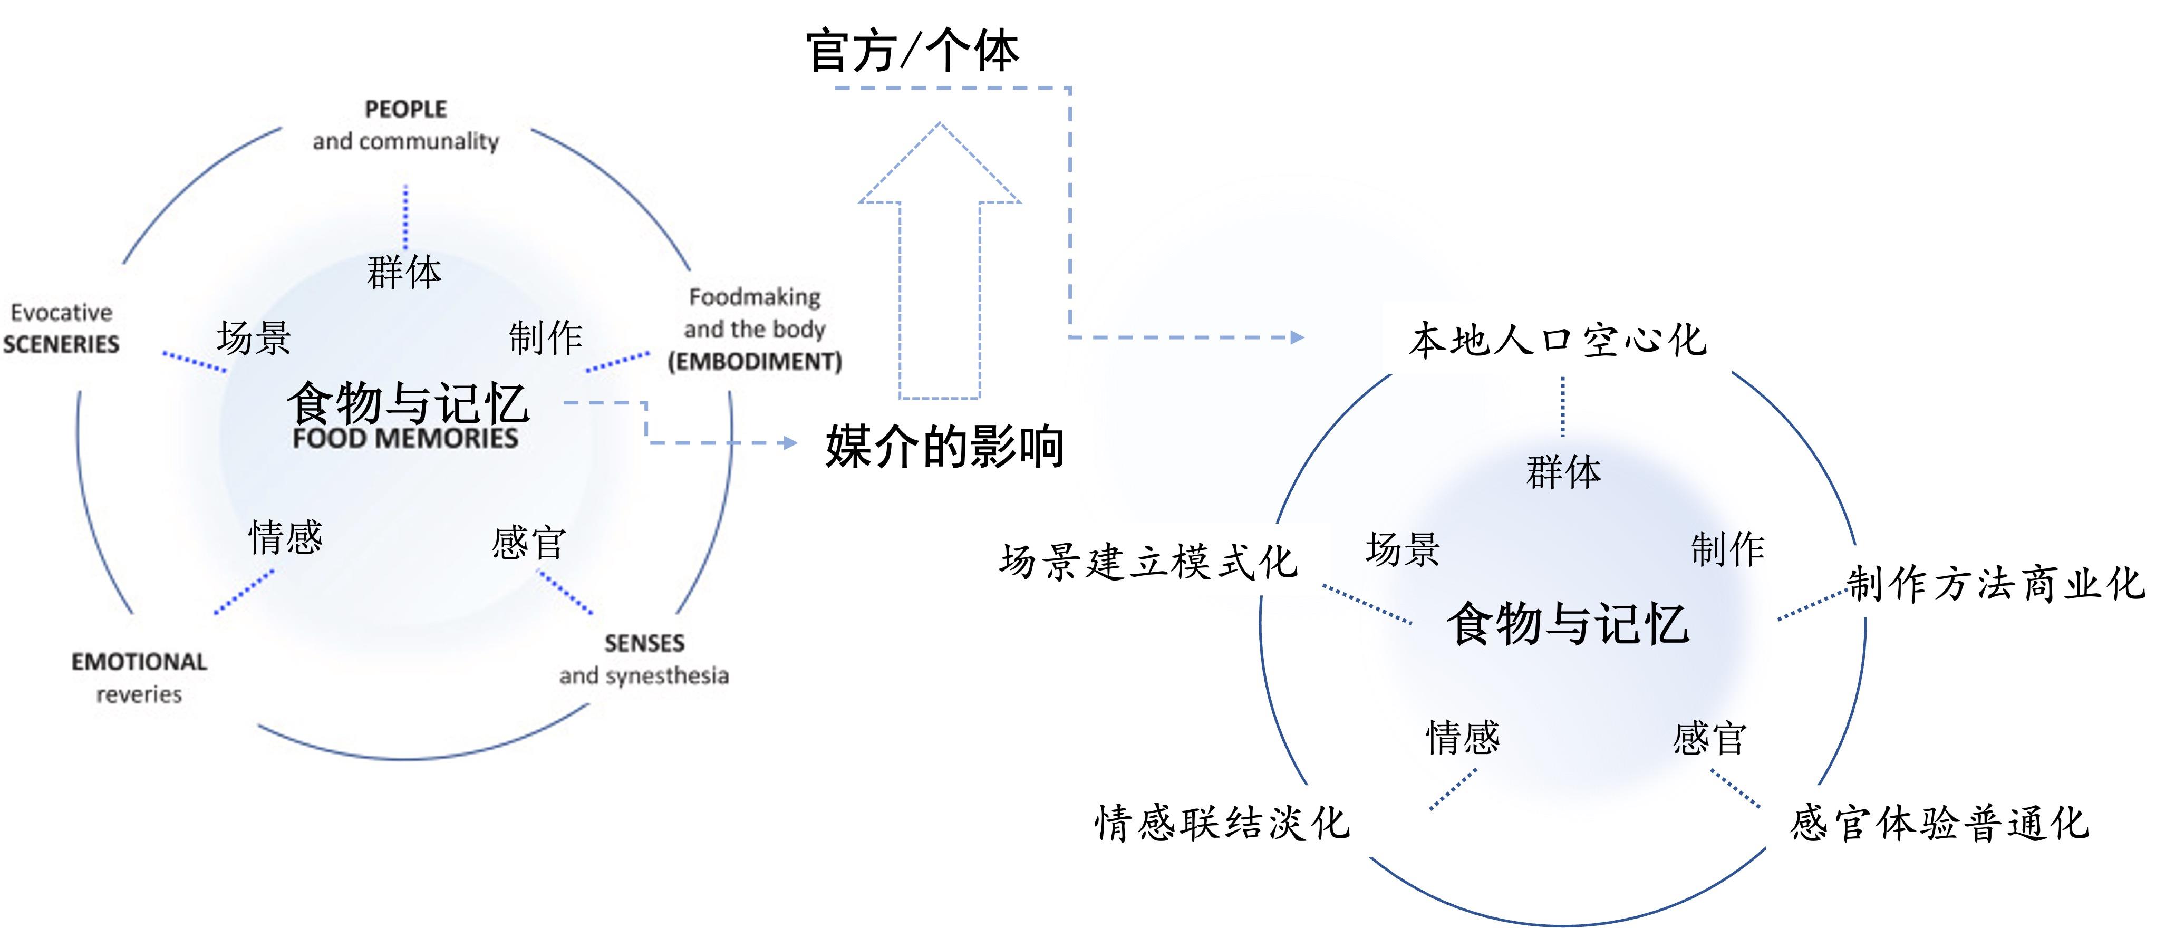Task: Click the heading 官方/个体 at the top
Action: (912, 51)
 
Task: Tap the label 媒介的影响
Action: (944, 446)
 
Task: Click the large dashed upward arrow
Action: (940, 262)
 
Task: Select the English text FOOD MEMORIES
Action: (405, 438)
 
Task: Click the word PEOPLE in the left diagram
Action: (406, 109)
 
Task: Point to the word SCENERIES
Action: (61, 344)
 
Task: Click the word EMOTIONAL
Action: (139, 661)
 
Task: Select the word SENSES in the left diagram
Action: (644, 643)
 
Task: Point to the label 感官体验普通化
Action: (1939, 823)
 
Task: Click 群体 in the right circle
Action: (1563, 472)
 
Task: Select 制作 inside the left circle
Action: (545, 338)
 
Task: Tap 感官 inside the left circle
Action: (528, 542)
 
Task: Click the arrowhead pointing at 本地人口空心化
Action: (1298, 338)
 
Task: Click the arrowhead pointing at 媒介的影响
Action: (790, 442)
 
